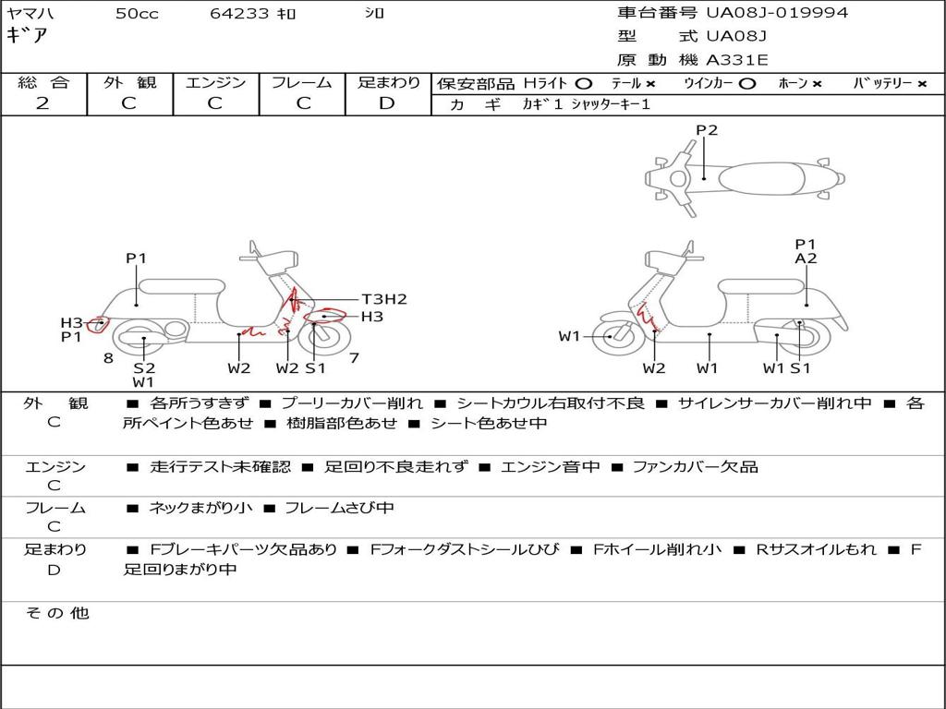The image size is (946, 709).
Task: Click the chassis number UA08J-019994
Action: point(777,13)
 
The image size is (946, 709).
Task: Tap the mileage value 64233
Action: point(239,14)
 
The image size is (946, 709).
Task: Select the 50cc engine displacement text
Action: point(137,14)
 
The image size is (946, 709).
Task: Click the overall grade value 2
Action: point(42,103)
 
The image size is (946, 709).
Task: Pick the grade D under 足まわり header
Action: point(387,103)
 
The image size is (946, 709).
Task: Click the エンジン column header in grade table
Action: point(215,83)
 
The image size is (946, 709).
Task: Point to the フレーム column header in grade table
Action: point(301,83)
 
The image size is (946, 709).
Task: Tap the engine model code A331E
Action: point(736,61)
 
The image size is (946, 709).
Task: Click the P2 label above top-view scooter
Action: point(707,130)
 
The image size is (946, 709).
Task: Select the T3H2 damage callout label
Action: point(384,299)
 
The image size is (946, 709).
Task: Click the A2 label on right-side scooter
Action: point(806,258)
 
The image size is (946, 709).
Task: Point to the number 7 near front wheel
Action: point(354,357)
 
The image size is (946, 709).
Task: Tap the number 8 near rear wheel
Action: point(108,358)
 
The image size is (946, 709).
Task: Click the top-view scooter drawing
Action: point(744,177)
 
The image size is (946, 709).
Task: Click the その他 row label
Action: point(56,613)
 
